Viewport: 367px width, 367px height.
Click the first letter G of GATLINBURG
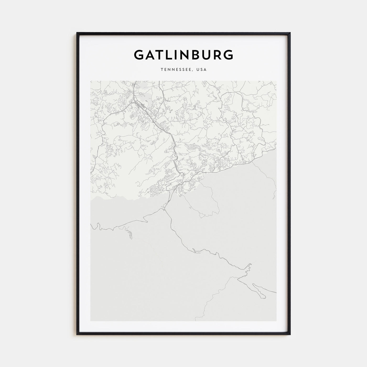pos(139,55)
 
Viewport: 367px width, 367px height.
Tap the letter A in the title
pos(151,55)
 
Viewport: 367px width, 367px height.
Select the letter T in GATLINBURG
pos(161,55)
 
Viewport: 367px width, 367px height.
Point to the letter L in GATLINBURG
pos(170,55)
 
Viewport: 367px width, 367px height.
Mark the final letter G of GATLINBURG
pos(229,55)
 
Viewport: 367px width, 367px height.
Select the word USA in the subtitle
pos(202,70)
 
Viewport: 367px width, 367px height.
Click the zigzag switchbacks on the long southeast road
pos(248,268)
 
